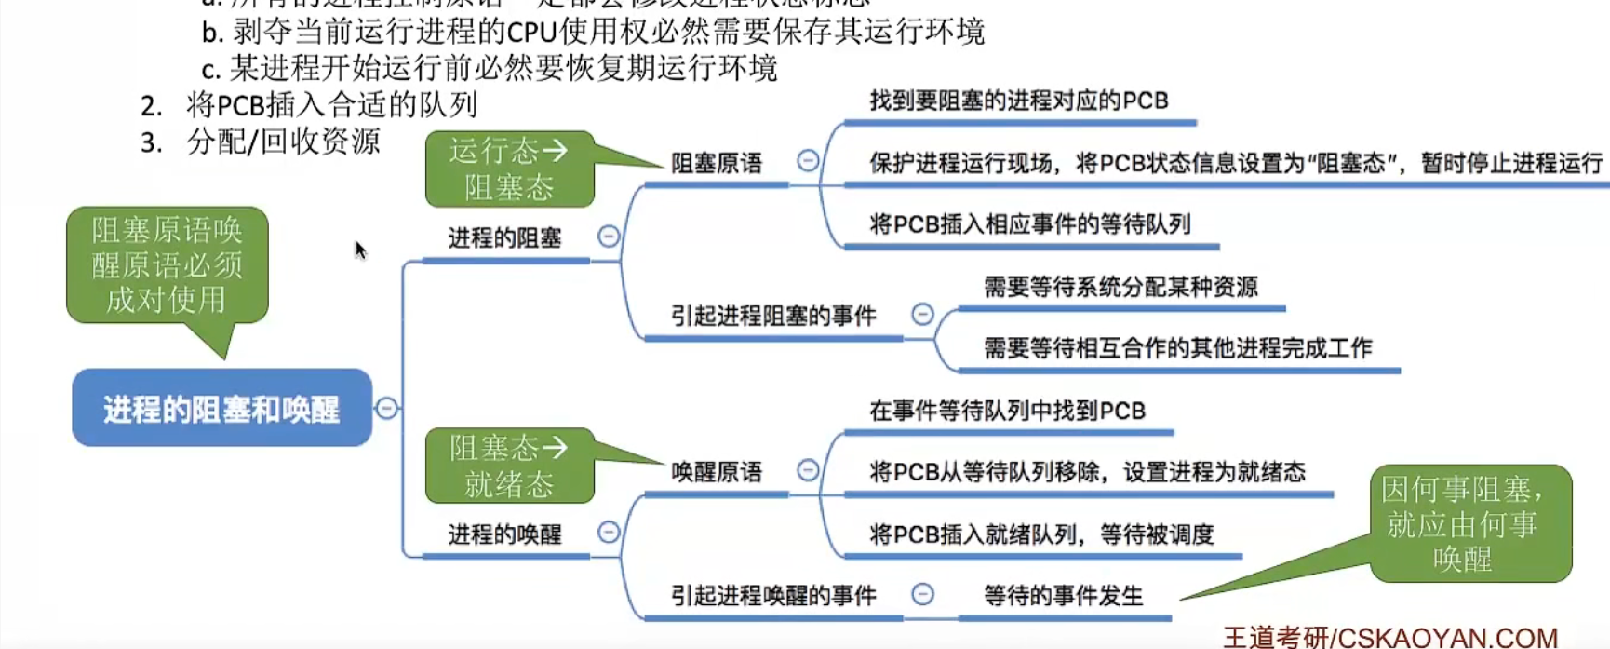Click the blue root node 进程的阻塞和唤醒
[221, 409]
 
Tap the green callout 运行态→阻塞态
[509, 169]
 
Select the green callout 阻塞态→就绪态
[509, 466]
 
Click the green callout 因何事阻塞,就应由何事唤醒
[1469, 523]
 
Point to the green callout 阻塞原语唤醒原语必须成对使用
[168, 265]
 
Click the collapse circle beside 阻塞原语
[808, 161]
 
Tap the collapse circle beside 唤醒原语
[808, 470]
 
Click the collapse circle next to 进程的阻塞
[609, 237]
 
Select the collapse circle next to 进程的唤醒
[609, 532]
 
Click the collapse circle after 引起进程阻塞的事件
[922, 314]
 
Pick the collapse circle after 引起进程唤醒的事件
[922, 593]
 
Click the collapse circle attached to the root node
[386, 408]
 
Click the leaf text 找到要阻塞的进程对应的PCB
[1018, 101]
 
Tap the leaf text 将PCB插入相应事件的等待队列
[1029, 224]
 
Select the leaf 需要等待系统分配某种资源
[1120, 287]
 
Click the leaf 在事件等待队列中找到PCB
[1007, 411]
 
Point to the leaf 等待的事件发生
[1063, 596]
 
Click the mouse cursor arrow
[361, 250]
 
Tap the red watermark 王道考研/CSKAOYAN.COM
[1389, 638]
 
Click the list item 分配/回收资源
[283, 142]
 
